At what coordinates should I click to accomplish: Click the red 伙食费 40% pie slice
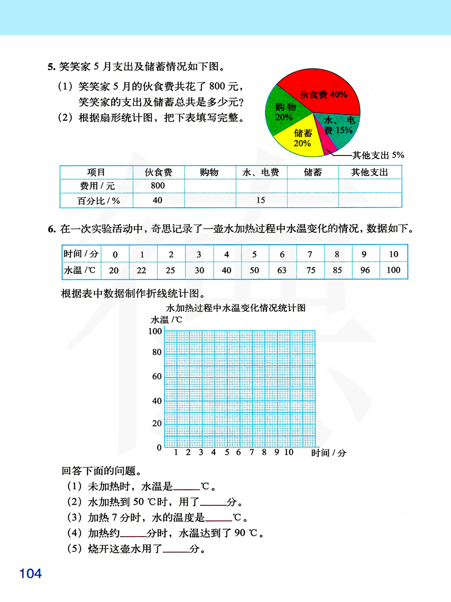coord(322,92)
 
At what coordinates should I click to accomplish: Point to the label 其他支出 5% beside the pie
coord(378,155)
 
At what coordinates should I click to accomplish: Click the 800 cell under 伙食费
coord(158,186)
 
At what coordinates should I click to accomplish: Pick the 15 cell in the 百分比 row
coord(261,200)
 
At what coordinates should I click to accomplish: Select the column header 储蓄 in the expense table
coord(313,172)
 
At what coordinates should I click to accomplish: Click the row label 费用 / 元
coord(97,186)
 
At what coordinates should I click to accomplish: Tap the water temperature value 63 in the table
coord(282,270)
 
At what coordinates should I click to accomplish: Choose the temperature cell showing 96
coord(365,270)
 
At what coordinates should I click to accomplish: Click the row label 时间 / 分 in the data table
coord(81,254)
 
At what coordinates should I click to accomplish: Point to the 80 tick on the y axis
coord(156,352)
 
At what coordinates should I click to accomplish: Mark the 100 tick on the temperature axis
coord(155,331)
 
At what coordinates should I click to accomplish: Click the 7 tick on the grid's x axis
coord(252,452)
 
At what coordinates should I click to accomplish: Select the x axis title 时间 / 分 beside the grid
coord(329,453)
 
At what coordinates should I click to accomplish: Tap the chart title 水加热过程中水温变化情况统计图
coord(236,308)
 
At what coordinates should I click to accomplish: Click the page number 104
coord(30,574)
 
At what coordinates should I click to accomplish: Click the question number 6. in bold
coord(51,229)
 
